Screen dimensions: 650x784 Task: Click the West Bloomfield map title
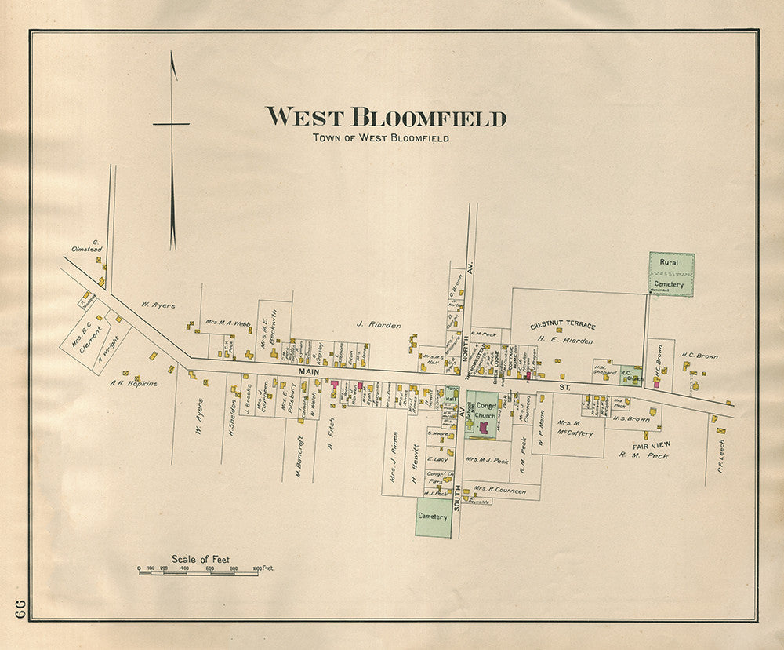386,118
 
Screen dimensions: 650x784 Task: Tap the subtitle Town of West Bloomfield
381,138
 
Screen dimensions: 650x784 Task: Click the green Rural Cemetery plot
671,274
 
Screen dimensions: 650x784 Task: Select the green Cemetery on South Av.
433,517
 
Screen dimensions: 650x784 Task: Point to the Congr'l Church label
485,411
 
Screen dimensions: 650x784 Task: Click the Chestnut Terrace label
562,325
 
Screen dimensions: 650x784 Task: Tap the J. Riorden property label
379,324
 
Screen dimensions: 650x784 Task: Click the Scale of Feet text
201,559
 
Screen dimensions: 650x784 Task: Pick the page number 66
20,608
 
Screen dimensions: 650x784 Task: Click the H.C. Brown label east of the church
699,356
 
